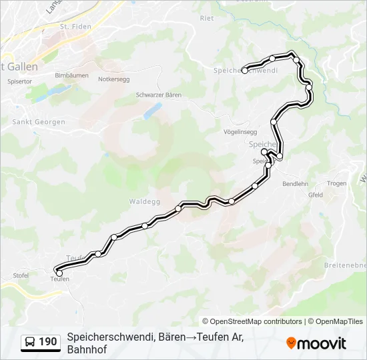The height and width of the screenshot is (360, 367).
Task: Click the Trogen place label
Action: pos(336,183)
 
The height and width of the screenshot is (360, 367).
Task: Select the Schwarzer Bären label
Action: pos(159,95)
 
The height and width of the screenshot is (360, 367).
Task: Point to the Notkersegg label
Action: pos(113,79)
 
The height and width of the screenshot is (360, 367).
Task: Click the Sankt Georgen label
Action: pos(39,122)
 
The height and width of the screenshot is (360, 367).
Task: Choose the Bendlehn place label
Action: pos(296,183)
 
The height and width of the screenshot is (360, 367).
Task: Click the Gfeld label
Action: pos(315,195)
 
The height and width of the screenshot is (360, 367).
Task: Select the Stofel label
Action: pos(21,275)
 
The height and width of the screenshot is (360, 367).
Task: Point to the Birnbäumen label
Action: pos(71,75)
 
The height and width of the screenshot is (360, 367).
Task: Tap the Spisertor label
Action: pos(19,81)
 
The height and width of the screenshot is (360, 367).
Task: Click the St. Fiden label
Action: pos(74,27)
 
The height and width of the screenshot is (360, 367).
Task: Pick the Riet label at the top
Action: pos(207,18)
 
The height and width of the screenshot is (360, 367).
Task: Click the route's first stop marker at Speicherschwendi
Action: pos(245,70)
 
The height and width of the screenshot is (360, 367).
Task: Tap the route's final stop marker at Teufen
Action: pos(59,273)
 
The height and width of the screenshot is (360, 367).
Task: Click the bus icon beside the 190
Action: pos(31,342)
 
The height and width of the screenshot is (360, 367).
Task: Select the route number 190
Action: pos(48,342)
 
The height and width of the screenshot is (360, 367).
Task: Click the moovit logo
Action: pos(316,343)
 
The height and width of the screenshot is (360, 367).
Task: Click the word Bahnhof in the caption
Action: pos(87,349)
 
